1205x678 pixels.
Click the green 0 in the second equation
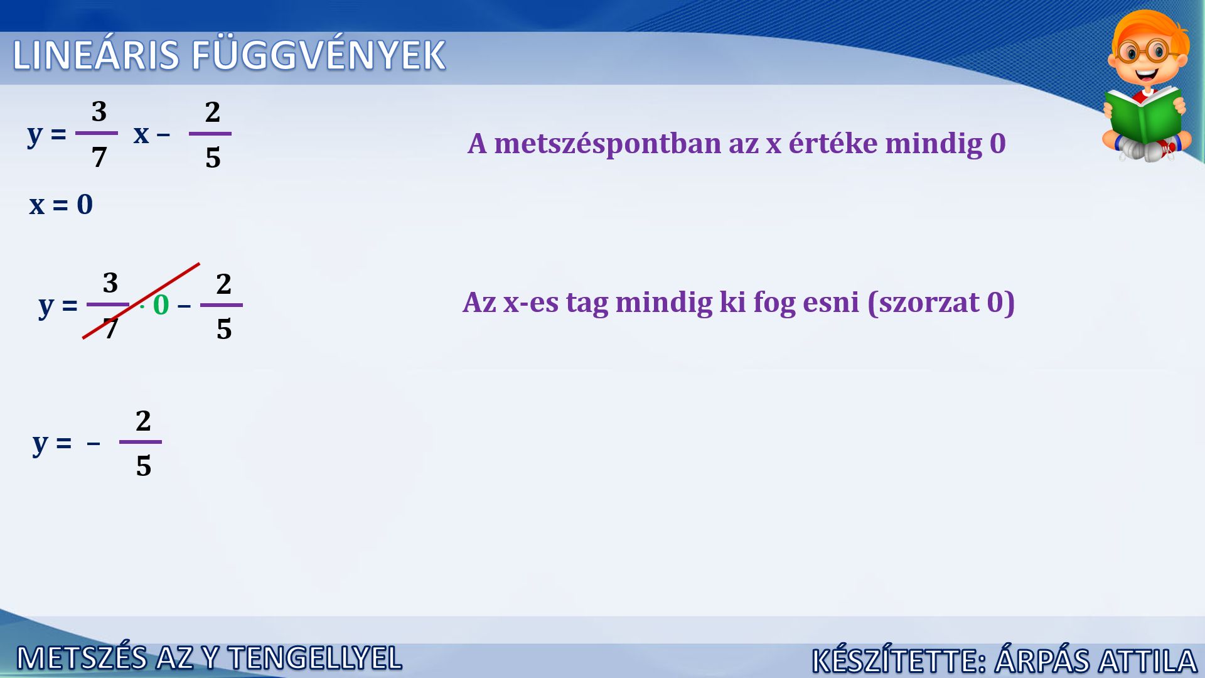(161, 305)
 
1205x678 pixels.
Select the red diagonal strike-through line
(141, 301)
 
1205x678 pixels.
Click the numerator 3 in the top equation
(99, 111)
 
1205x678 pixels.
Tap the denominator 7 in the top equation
(99, 157)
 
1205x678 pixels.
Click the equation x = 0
(61, 205)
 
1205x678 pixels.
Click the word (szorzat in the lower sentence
(923, 303)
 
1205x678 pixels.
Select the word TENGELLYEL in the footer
(315, 658)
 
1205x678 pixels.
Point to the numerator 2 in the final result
(143, 421)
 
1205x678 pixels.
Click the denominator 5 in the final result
(143, 466)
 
